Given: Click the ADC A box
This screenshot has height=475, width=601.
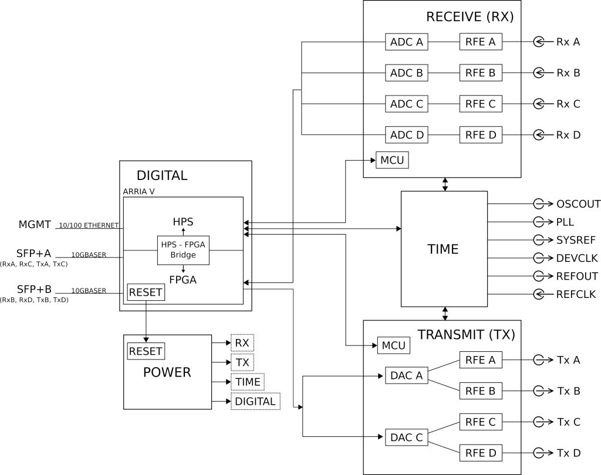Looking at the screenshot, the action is [x=406, y=42].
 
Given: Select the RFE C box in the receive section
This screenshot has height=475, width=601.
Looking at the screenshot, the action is [x=481, y=104].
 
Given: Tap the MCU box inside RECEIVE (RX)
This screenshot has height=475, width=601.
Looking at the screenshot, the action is [x=392, y=160].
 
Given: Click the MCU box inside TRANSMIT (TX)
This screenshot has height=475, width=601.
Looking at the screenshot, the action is [x=394, y=345].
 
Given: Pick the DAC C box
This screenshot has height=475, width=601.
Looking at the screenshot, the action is [x=406, y=437].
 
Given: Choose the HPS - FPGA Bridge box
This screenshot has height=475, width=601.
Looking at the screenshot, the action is [x=183, y=250].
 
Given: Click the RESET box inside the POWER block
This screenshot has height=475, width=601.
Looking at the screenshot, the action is [x=146, y=351].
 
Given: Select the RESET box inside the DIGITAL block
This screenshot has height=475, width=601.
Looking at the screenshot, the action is [x=146, y=292].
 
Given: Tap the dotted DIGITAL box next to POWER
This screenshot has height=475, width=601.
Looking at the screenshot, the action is [x=255, y=402].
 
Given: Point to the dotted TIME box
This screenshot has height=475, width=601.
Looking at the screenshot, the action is [x=248, y=382].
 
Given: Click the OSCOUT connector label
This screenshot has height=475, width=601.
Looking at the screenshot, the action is [x=578, y=204].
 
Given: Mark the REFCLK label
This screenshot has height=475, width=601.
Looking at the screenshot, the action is [x=576, y=294].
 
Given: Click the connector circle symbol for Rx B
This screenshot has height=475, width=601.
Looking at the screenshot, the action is [x=539, y=73].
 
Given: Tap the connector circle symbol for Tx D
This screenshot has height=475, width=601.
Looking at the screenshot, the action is [x=539, y=453].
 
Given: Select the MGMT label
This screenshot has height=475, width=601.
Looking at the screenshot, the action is [x=35, y=225].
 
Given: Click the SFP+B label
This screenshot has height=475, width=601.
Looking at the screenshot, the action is [x=34, y=289].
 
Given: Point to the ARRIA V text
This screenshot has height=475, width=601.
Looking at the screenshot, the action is [x=139, y=192].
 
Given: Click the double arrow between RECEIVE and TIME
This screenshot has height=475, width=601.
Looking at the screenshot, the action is [x=445, y=184].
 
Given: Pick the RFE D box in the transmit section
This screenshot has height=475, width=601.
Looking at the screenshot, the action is [x=481, y=453].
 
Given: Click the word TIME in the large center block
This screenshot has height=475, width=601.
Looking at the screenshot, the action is [x=443, y=249].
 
